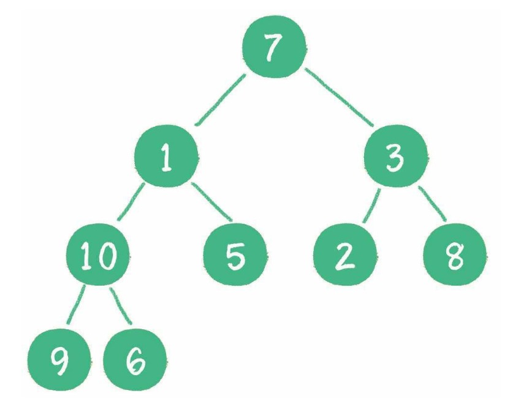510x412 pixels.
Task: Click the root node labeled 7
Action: [274, 47]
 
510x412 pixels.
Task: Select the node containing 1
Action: [166, 156]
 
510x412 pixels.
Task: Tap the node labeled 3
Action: [395, 156]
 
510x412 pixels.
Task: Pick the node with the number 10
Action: [98, 254]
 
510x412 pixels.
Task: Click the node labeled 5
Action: [235, 254]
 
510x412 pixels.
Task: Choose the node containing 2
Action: [344, 254]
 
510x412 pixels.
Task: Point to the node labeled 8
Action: [455, 254]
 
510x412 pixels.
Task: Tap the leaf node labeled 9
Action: [59, 360]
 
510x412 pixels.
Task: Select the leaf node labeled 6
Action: [135, 360]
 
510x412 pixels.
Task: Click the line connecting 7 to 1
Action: [220, 100]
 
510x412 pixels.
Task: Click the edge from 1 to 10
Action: [131, 202]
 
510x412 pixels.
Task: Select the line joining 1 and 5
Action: [211, 202]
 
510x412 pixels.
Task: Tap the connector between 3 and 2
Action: [371, 205]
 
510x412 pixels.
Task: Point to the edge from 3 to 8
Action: [432, 204]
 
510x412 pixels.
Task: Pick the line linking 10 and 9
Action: [76, 305]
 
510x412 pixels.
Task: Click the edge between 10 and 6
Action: [121, 306]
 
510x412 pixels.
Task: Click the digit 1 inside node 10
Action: [86, 256]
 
